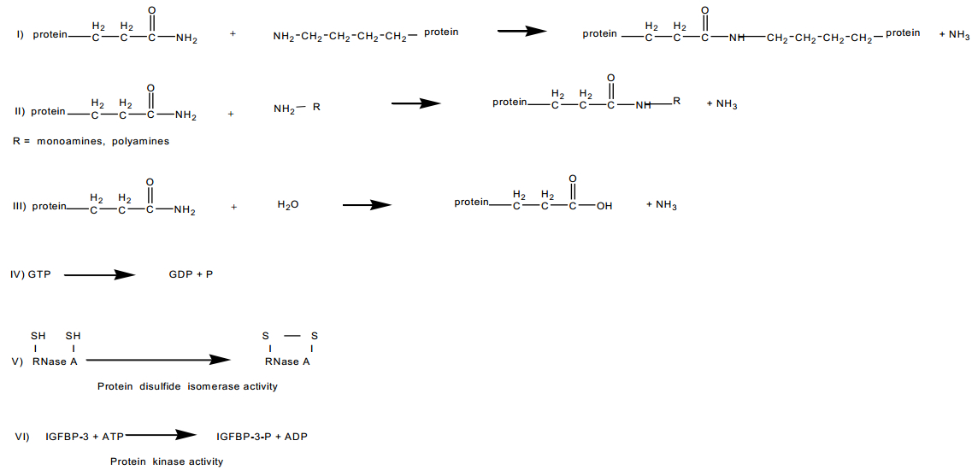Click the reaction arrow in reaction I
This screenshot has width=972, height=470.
(521, 32)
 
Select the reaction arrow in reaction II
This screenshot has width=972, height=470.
(415, 103)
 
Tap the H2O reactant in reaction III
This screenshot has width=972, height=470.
(288, 206)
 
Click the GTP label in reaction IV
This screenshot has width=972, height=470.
(40, 274)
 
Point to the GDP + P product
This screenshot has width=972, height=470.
(191, 274)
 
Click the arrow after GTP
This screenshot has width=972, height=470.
(100, 274)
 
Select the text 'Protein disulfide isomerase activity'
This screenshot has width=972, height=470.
(187, 386)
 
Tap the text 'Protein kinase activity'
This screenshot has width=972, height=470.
(166, 461)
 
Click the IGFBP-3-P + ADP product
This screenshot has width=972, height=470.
(262, 437)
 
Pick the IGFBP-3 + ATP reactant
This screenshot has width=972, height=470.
(85, 437)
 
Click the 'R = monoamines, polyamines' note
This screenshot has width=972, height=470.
(91, 141)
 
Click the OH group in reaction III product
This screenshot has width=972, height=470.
(604, 206)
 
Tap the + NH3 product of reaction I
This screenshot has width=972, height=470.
(954, 35)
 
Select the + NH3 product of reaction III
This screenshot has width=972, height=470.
(662, 205)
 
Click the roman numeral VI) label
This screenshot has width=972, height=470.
(23, 437)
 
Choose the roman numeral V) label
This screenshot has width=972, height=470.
(18, 361)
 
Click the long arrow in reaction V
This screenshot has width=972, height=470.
(158, 361)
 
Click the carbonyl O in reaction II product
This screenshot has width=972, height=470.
(610, 79)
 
